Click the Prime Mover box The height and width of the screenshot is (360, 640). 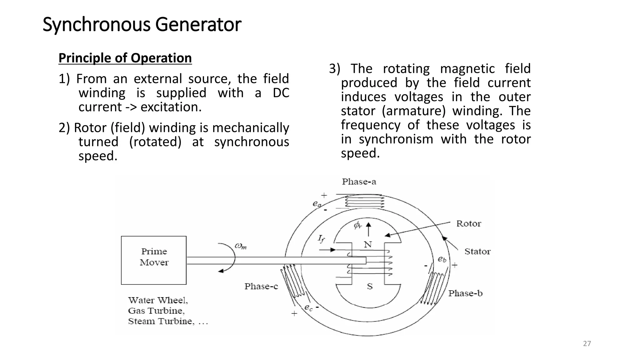154,260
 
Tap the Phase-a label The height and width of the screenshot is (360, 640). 359,182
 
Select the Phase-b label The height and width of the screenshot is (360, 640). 465,293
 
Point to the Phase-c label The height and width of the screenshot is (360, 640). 261,286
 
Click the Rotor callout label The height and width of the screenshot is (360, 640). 468,223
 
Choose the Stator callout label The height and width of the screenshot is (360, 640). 477,251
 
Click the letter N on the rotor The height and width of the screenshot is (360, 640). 368,244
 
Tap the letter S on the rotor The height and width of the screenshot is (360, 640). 370,286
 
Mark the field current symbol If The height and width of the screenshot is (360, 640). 321,239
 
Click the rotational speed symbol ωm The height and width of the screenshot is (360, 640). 241,246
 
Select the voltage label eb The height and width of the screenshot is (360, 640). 442,259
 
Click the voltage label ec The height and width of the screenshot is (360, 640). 308,307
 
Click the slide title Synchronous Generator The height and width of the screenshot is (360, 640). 142,24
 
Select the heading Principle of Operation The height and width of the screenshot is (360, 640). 125,58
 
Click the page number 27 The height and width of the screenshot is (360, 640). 587,344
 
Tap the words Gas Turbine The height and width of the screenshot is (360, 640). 156,311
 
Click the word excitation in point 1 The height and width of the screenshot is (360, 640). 171,107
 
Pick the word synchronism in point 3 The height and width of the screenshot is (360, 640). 396,139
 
